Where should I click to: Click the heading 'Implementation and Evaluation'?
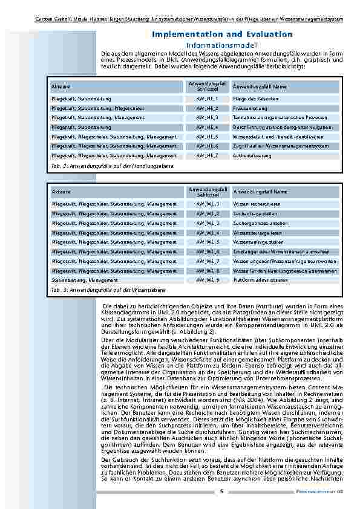click(x=222, y=35)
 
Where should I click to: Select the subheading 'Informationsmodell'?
click(x=222, y=46)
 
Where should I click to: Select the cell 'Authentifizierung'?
click(x=253, y=156)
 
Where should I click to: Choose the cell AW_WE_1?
click(x=208, y=204)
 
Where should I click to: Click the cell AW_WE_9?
click(x=208, y=280)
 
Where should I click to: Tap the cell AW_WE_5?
click(x=208, y=242)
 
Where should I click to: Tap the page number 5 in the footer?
click(x=222, y=491)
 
